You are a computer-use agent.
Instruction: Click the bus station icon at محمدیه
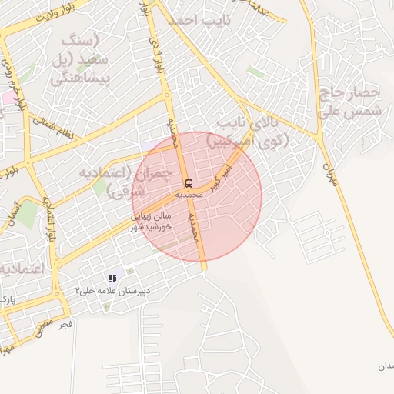189,183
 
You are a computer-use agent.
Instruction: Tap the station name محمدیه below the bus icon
189,195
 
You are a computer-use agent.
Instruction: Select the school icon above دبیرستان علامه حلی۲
112,279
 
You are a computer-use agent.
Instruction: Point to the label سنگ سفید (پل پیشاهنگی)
82,58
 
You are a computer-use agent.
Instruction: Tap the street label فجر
65,324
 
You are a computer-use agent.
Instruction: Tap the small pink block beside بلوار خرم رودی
7,98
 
